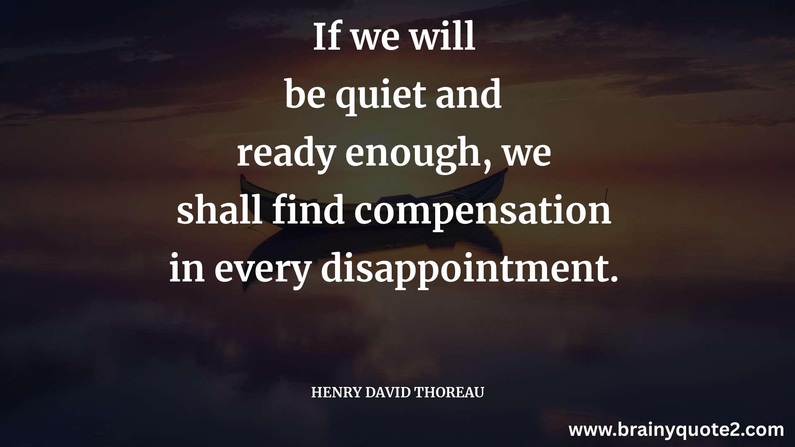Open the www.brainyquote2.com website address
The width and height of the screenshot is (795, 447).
pos(677,430)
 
